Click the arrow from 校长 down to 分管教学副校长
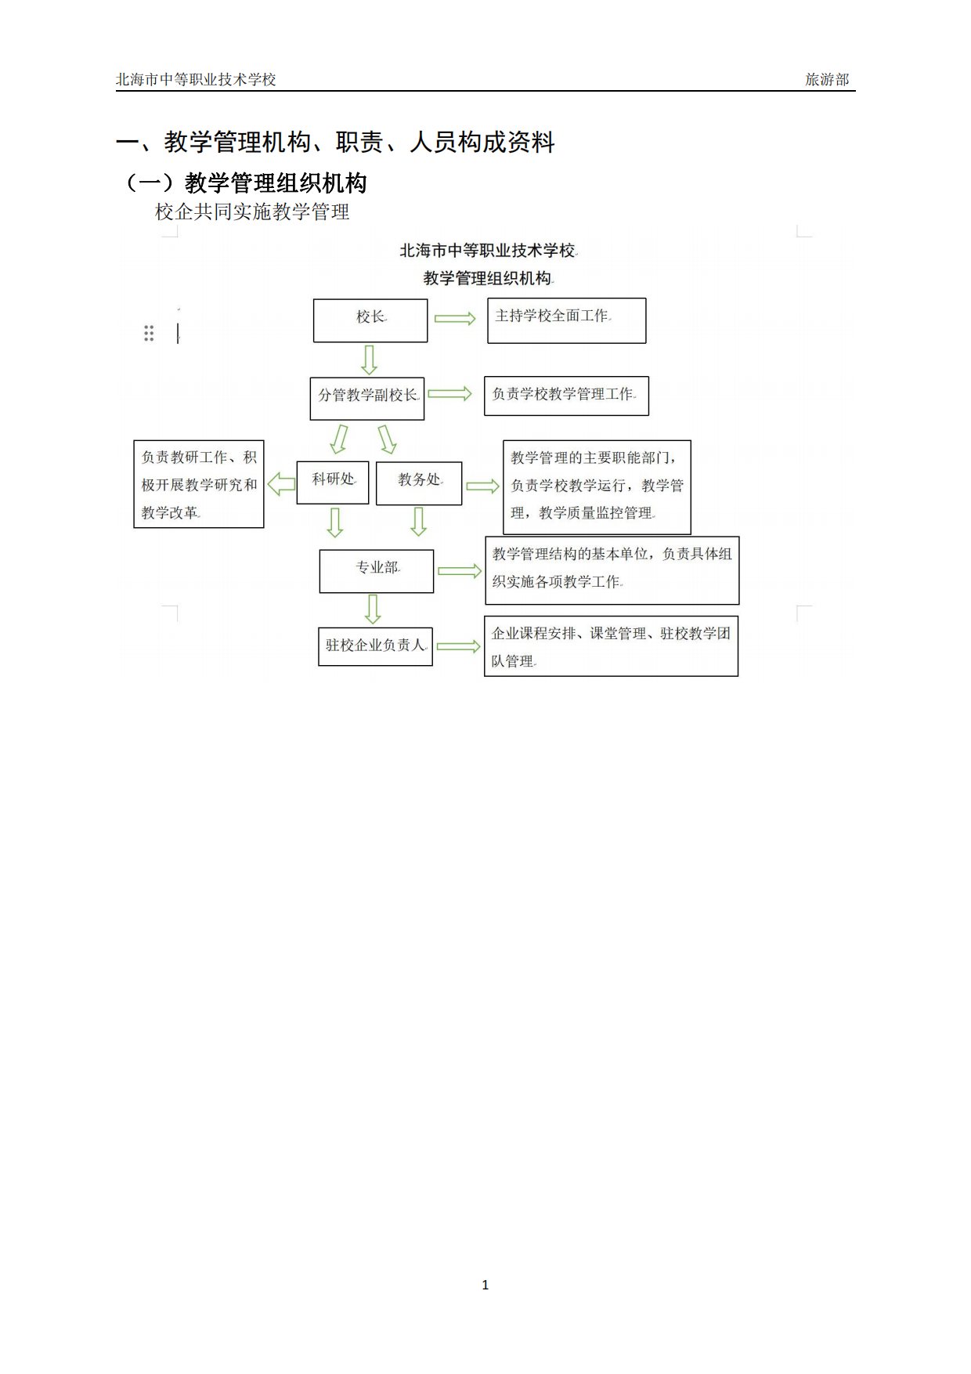pyautogui.click(x=369, y=360)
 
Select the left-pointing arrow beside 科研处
pyautogui.click(x=281, y=483)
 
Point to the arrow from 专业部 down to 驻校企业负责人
pyautogui.click(x=373, y=609)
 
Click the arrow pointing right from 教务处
pyautogui.click(x=482, y=486)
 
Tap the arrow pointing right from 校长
pyautogui.click(x=455, y=318)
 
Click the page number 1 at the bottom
pyautogui.click(x=485, y=1285)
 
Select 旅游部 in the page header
pyautogui.click(x=827, y=79)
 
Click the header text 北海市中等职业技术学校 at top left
pyautogui.click(x=196, y=79)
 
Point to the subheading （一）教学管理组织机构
pyautogui.click(x=245, y=183)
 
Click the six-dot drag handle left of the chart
pyautogui.click(x=149, y=333)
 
